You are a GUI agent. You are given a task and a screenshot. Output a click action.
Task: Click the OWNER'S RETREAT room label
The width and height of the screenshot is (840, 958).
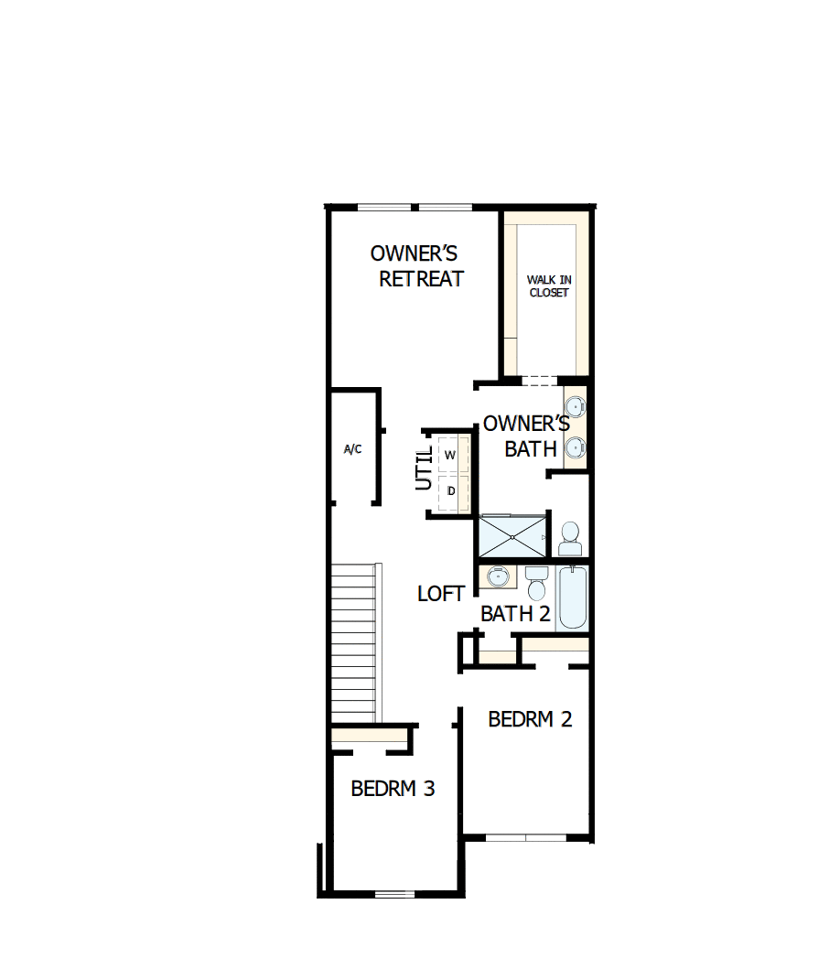(416, 265)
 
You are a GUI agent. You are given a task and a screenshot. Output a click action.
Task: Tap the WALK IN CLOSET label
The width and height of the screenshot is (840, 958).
(548, 286)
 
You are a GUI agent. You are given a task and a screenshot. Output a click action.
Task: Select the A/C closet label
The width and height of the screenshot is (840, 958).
(352, 449)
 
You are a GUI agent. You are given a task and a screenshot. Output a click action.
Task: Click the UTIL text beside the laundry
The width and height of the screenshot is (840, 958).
(425, 468)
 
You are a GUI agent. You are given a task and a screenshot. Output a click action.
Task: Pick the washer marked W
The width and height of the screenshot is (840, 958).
(451, 454)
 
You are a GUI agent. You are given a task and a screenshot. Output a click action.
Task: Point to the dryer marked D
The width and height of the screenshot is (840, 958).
(451, 491)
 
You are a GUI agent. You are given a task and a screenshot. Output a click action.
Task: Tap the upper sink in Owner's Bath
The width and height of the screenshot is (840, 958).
(576, 405)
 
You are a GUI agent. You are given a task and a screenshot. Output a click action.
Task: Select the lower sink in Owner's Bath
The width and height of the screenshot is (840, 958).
(576, 447)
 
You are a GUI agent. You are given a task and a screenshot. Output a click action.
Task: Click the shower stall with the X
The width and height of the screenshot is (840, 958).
(512, 535)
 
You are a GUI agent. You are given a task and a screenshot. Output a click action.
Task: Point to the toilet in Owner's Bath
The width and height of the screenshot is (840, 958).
(570, 539)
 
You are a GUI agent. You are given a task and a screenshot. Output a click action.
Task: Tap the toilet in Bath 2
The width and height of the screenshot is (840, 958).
(536, 582)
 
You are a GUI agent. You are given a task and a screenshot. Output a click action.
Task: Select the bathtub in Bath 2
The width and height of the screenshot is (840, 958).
(573, 597)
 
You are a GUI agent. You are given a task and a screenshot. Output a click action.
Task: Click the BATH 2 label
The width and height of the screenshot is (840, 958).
(515, 614)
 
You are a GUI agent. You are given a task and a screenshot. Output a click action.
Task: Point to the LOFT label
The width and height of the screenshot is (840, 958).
(441, 594)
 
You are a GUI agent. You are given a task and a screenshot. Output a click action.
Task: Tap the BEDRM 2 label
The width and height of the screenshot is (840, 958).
(530, 719)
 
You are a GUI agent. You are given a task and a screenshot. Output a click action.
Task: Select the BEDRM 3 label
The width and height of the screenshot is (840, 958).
(393, 788)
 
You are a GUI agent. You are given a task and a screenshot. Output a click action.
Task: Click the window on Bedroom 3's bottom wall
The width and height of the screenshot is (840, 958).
(395, 892)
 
